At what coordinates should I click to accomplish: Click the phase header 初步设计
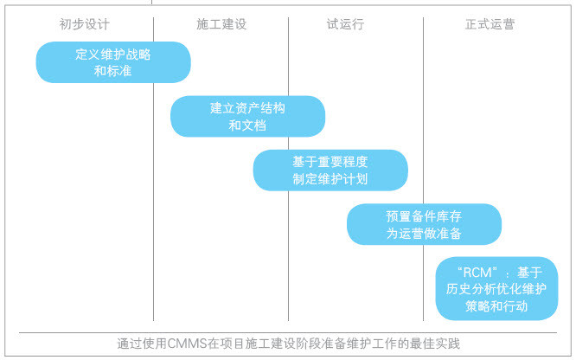click(x=84, y=24)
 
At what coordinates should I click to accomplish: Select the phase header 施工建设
click(x=221, y=24)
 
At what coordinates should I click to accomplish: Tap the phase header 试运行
click(x=345, y=24)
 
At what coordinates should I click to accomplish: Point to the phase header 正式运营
click(x=490, y=24)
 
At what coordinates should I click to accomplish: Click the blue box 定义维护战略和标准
click(x=113, y=62)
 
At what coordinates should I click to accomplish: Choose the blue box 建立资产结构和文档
click(x=247, y=116)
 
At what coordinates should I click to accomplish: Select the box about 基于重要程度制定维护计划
click(x=330, y=170)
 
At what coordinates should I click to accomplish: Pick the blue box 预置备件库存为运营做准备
click(x=424, y=224)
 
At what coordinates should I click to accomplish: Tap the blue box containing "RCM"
click(x=496, y=289)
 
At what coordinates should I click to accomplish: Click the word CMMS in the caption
click(x=187, y=344)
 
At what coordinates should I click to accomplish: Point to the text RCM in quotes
click(x=477, y=273)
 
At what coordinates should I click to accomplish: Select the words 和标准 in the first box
click(x=112, y=71)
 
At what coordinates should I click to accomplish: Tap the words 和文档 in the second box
click(x=247, y=125)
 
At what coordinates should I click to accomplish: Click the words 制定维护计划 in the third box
click(x=330, y=179)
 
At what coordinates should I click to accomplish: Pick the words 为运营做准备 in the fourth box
click(x=424, y=233)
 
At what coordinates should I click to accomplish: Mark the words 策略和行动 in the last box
click(x=496, y=306)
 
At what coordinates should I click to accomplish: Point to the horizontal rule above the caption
click(x=288, y=333)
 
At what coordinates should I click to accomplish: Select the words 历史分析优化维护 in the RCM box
click(x=496, y=289)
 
